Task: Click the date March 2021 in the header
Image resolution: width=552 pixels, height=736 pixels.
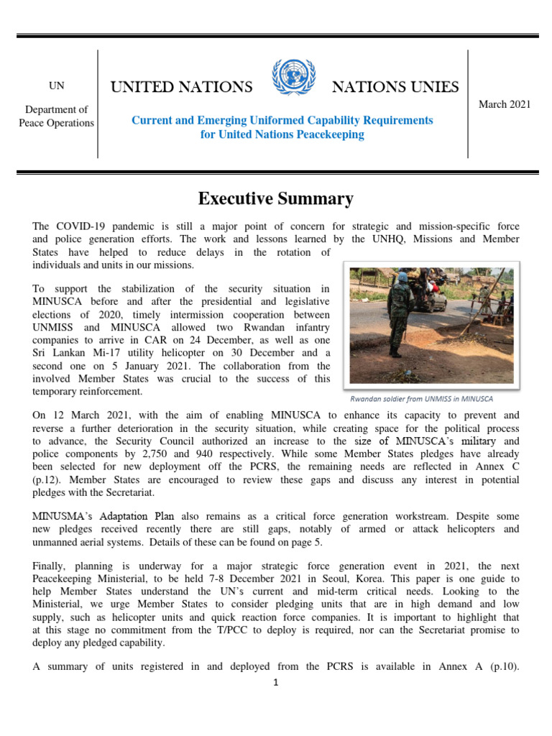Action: point(505,104)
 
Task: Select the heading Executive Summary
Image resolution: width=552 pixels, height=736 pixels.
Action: point(276,198)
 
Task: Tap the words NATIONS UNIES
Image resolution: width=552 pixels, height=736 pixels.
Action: point(395,87)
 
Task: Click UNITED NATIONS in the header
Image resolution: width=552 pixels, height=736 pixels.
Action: point(181,87)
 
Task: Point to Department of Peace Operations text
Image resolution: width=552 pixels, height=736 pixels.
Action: point(56,116)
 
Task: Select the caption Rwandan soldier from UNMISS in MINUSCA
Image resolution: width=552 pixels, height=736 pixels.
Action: point(421,398)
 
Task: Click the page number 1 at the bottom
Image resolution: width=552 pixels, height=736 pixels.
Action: point(275,683)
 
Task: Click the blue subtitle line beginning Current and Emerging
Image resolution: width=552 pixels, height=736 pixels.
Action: point(282,120)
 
